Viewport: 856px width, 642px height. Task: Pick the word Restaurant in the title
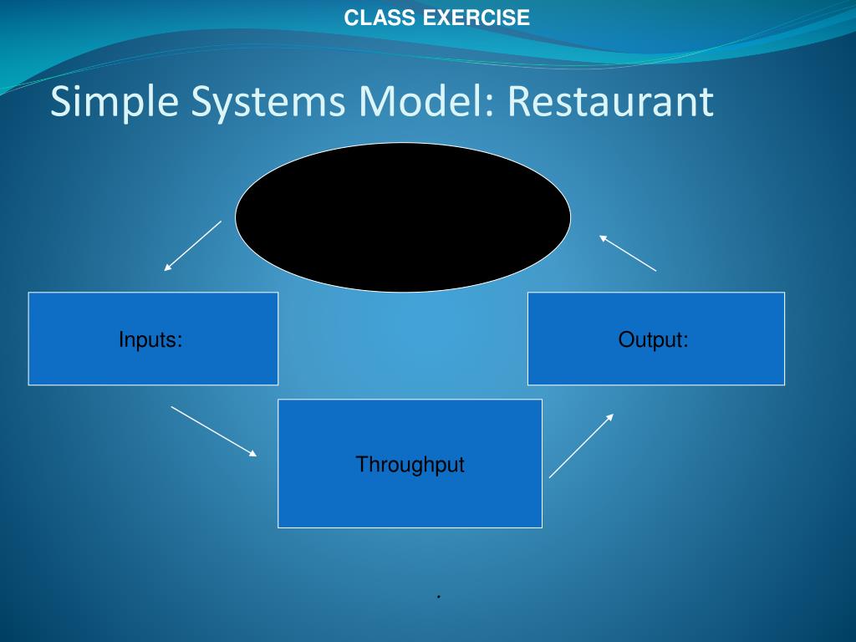coord(610,102)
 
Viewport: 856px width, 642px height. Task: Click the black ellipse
coord(403,217)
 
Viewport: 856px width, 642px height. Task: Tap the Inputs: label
coord(150,340)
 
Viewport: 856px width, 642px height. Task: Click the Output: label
coord(654,340)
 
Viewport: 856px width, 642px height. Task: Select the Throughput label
coord(410,465)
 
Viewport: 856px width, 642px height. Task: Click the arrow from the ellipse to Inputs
coord(193,246)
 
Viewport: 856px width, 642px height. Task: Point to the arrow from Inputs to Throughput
coord(214,431)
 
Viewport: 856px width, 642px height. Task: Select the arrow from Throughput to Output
coord(581,446)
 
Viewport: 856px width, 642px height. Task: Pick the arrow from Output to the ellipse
coord(628,253)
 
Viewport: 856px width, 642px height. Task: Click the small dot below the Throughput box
coord(437,597)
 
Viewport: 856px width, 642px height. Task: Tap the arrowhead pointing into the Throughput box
coord(252,453)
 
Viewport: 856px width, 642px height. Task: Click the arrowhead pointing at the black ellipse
coord(603,238)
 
